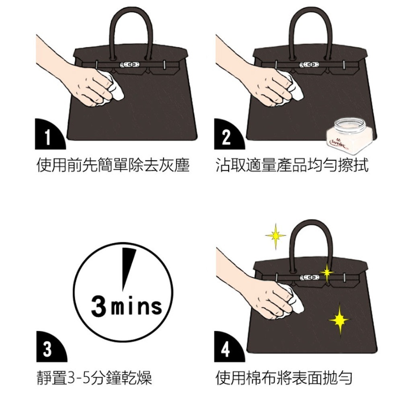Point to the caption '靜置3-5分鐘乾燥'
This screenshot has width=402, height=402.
pyautogui.click(x=94, y=378)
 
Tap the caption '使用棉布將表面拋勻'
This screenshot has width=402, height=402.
pyautogui.click(x=284, y=378)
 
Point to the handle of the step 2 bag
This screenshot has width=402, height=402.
pyautogui.click(x=310, y=24)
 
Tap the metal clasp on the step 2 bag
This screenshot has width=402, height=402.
pyautogui.click(x=309, y=64)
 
